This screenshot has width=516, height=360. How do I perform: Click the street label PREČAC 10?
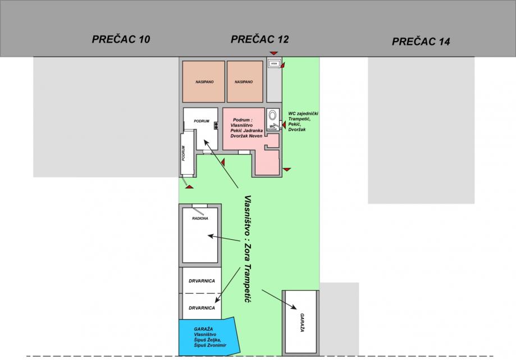tap(121, 39)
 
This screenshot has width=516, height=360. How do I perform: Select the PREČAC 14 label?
tap(421, 41)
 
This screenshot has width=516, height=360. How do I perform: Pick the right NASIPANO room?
tap(244, 81)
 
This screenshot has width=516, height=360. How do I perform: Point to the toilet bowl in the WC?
tap(273, 115)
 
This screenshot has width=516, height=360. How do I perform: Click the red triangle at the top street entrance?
tap(273, 53)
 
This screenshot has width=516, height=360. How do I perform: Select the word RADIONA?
tap(200, 218)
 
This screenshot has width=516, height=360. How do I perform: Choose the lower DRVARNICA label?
tap(200, 308)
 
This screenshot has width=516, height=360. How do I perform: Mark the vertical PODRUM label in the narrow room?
tap(183, 154)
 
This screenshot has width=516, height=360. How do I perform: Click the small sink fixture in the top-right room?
tap(274, 64)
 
